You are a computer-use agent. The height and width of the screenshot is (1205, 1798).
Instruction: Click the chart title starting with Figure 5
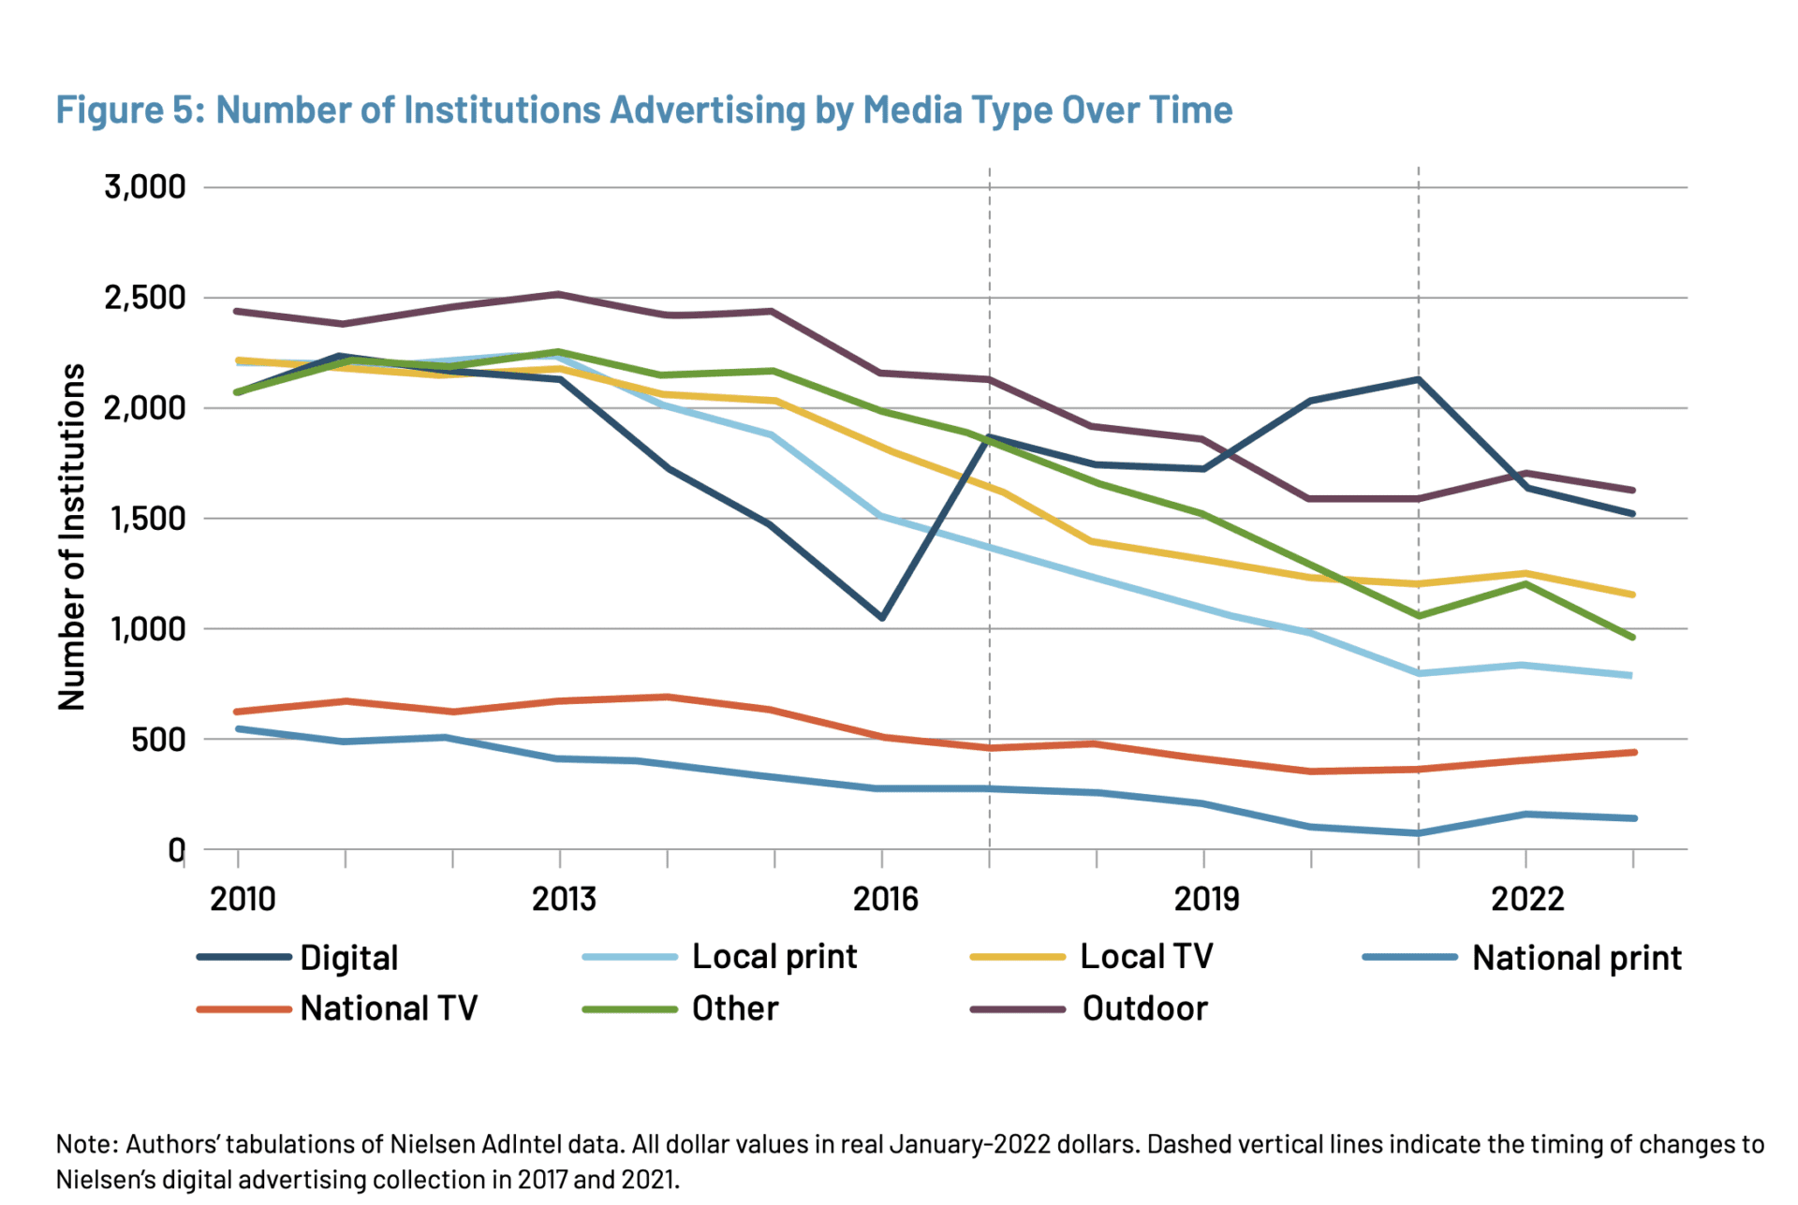point(643,110)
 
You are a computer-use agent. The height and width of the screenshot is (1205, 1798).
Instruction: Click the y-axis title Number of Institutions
point(72,536)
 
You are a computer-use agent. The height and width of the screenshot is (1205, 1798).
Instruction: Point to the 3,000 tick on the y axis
point(145,187)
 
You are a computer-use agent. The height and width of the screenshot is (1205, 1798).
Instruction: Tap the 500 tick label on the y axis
point(158,740)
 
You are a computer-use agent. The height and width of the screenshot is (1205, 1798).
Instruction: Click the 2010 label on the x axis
point(243,899)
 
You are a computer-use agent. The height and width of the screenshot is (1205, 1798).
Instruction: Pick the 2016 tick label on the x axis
point(885,899)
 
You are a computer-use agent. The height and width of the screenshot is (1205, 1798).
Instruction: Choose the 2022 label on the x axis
point(1527,899)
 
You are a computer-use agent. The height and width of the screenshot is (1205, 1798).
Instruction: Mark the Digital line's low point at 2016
point(882,618)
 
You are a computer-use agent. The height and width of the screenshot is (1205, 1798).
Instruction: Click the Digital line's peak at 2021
point(1419,379)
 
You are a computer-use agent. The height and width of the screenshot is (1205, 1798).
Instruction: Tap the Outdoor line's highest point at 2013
point(560,294)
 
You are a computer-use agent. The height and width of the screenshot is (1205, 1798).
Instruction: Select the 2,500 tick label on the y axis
point(145,298)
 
